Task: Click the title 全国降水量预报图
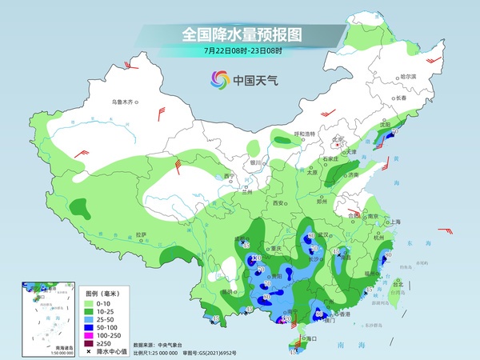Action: coord(240,34)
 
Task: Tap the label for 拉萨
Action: coord(141,234)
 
